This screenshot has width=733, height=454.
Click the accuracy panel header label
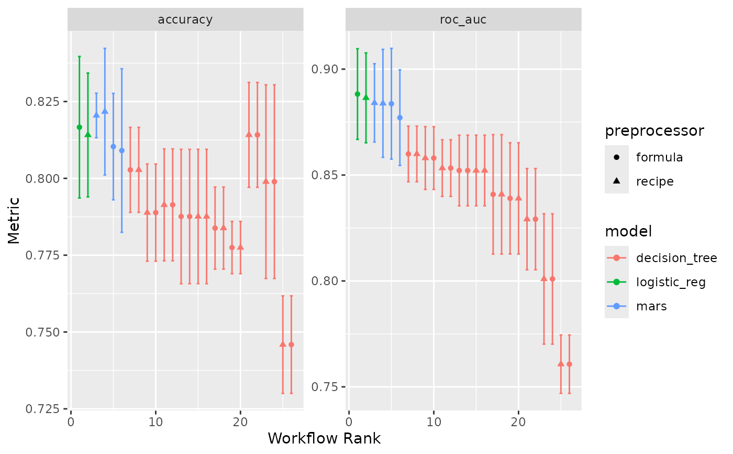[185, 20]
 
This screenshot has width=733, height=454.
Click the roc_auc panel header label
[463, 20]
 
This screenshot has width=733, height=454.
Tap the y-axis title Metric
[14, 220]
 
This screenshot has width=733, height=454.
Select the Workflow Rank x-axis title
[324, 438]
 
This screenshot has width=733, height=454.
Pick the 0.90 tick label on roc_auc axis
[326, 69]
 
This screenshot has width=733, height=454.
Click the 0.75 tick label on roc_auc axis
[326, 387]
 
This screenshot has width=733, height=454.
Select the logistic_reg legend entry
[671, 282]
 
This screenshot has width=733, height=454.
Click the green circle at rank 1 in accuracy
[79, 127]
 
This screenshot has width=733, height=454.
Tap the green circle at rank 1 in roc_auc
[357, 94]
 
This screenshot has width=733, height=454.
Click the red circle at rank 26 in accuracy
[291, 344]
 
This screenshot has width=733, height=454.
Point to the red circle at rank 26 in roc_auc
[569, 364]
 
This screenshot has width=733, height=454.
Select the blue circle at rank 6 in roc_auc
[400, 117]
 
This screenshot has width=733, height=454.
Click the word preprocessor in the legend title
[654, 131]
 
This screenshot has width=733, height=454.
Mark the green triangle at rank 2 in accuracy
[88, 135]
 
